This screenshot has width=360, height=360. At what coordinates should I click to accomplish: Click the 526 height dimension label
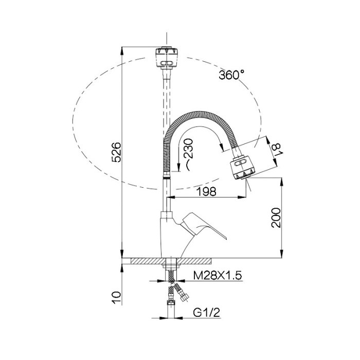(116, 152)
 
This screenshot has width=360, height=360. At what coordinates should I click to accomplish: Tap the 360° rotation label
(231, 75)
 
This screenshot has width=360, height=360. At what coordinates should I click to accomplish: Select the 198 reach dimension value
(207, 191)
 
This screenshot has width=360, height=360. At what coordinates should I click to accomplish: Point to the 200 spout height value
(276, 218)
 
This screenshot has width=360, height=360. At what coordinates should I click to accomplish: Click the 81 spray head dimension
(276, 150)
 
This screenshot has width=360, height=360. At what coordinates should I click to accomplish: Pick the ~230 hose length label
(188, 154)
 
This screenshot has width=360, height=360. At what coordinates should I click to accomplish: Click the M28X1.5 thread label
(218, 275)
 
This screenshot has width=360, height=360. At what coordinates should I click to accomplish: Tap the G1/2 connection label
(207, 313)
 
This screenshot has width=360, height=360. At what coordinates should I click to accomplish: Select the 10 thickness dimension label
(116, 298)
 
